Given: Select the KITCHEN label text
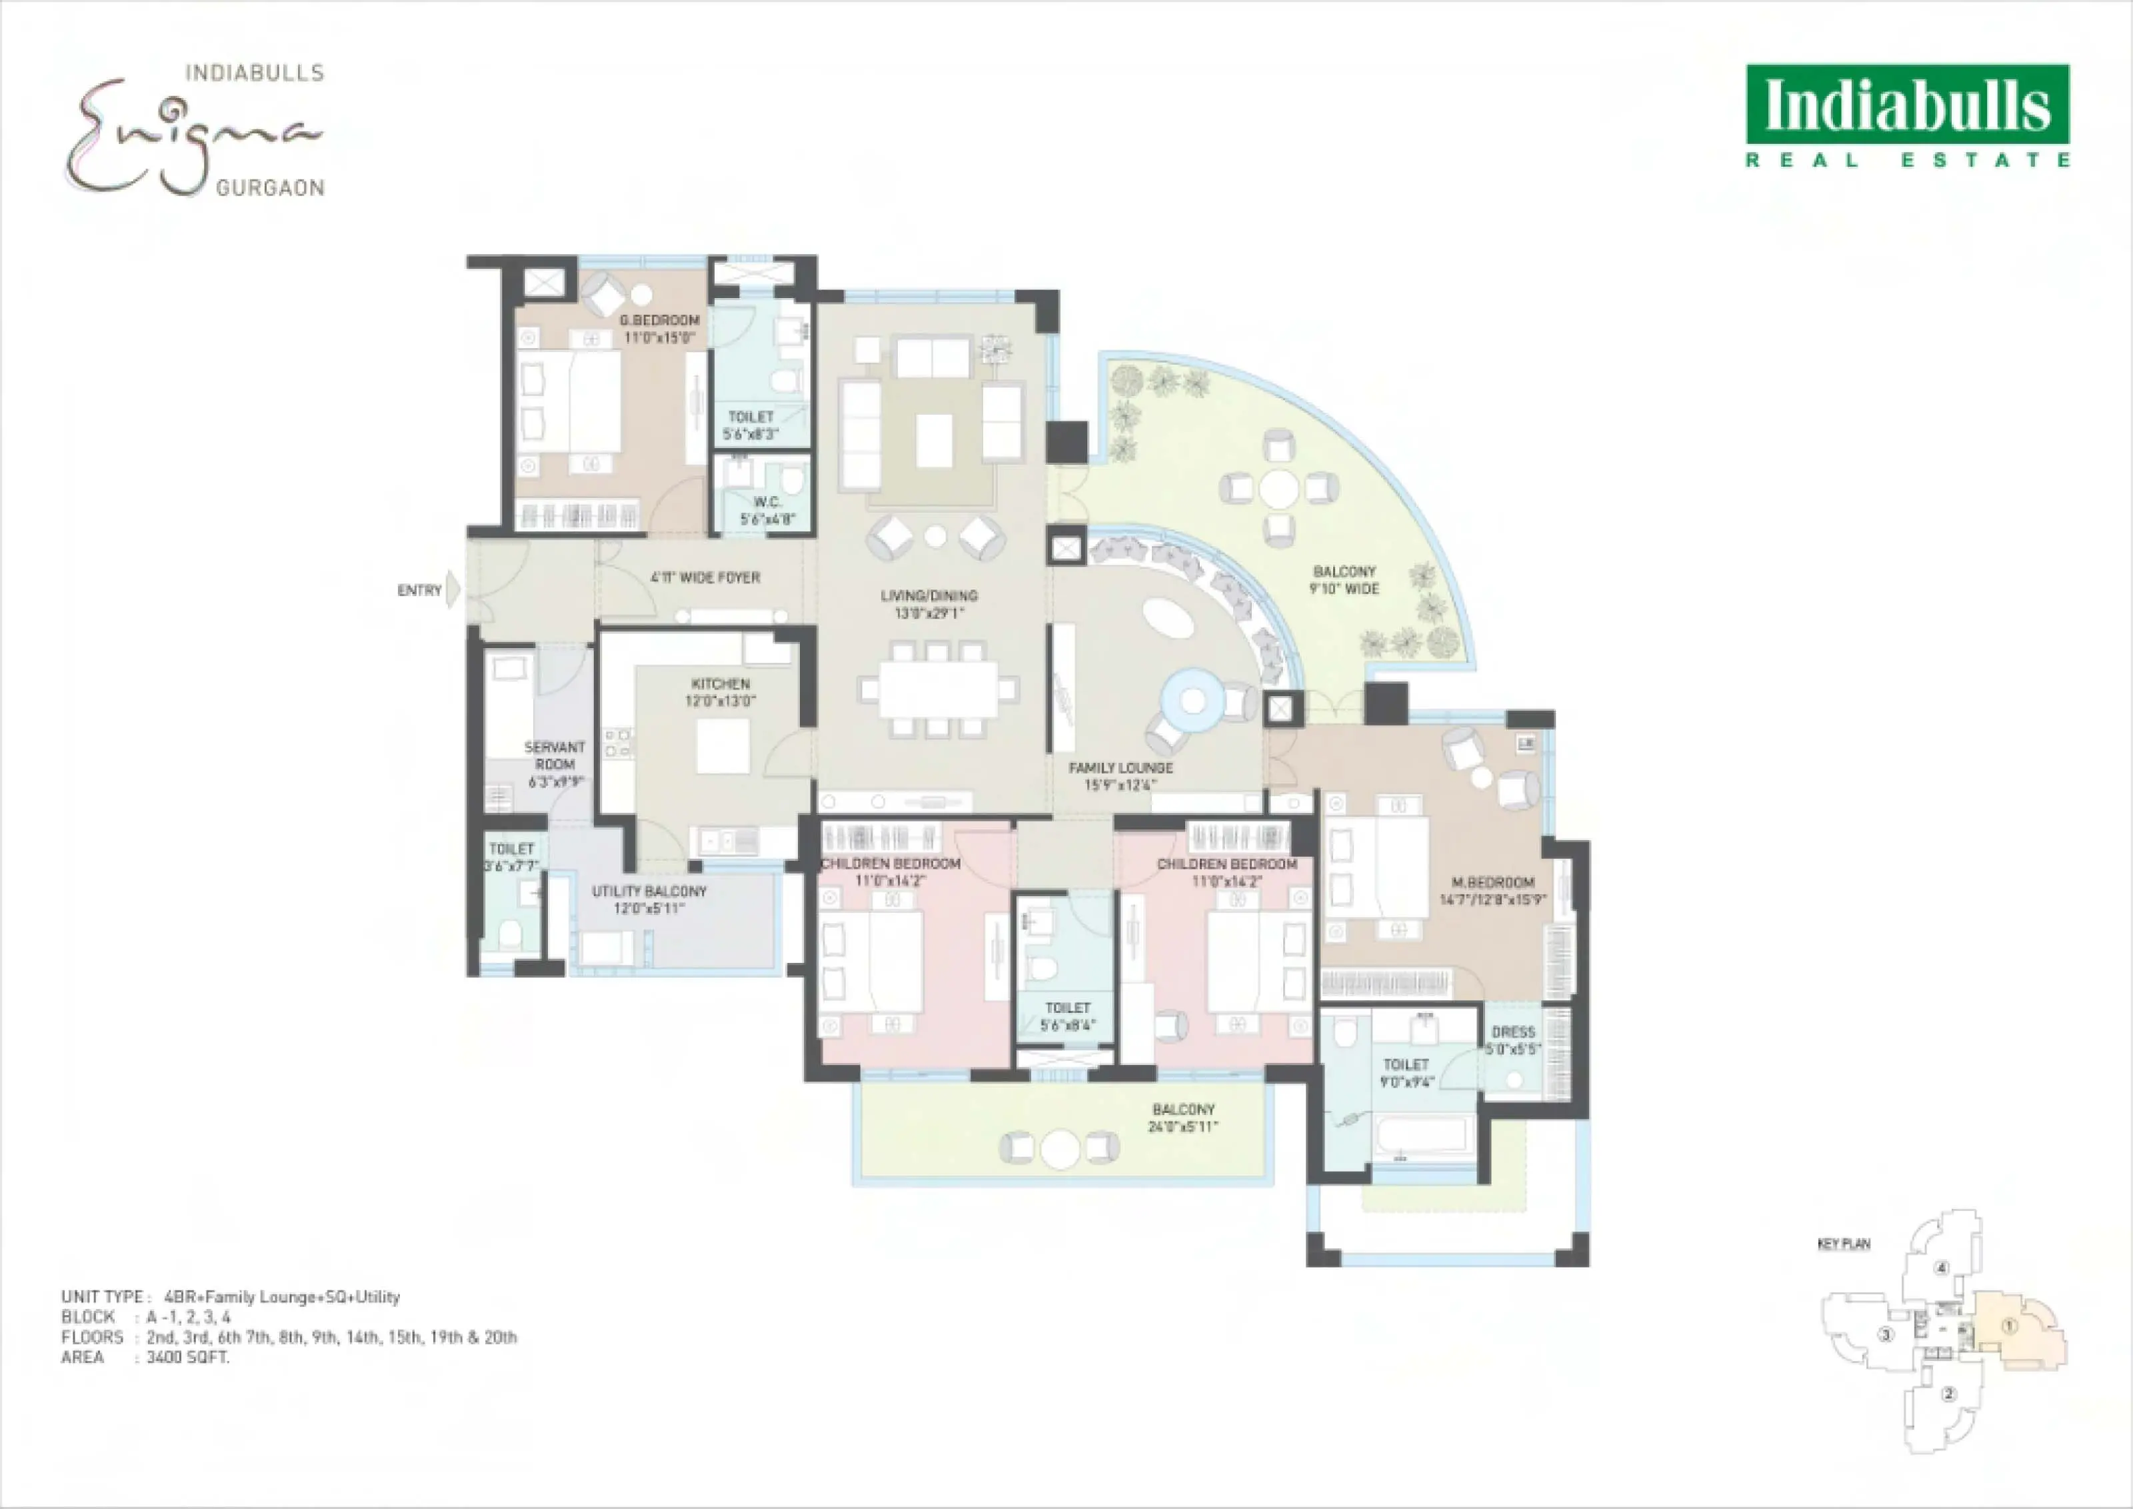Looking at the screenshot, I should pos(721,684).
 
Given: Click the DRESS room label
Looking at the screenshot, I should pos(1513,1032).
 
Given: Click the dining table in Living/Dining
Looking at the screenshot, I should pos(939,689).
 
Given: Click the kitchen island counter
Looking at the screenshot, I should pos(723,746).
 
